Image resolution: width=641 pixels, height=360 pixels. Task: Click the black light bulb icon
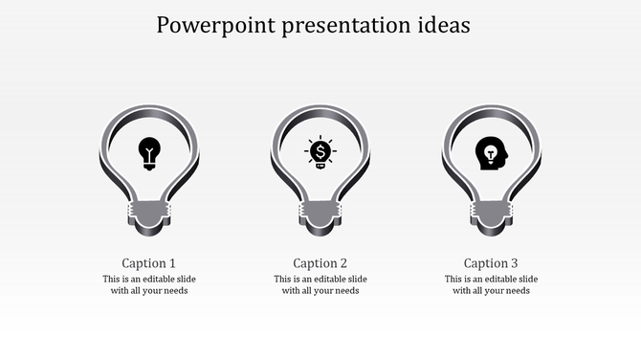coord(149,152)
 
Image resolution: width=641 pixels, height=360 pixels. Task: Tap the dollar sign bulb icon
coord(320,152)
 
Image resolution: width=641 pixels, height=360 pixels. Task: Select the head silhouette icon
coord(492,152)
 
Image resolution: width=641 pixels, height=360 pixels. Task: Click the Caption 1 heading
coord(149,262)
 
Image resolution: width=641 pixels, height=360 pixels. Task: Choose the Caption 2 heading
coord(320,262)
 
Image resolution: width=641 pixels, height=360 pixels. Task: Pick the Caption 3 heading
coord(491,262)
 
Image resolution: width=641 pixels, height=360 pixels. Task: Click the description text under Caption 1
coord(149,284)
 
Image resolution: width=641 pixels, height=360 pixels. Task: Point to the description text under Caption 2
coord(320,284)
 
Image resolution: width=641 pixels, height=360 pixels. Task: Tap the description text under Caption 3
coord(491,284)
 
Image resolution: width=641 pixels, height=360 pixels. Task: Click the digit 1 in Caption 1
coord(172,262)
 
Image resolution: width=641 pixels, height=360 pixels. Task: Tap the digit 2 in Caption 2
coord(343,262)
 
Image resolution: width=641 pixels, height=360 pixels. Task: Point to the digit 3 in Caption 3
coord(514,262)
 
